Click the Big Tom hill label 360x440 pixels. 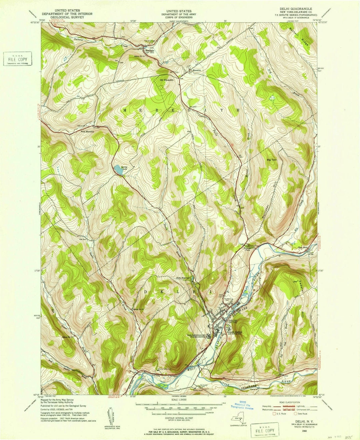(x=272, y=160)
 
